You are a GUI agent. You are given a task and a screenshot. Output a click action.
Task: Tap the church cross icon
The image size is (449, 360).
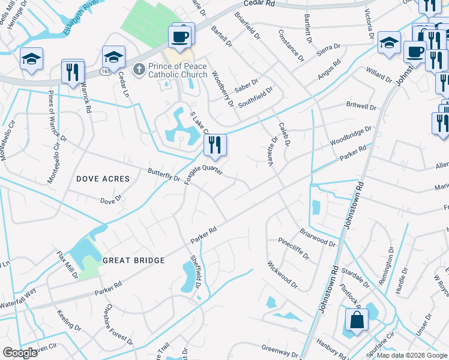pos(139,70)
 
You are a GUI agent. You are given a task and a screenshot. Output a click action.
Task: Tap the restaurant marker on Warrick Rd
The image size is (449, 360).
pos(73,71)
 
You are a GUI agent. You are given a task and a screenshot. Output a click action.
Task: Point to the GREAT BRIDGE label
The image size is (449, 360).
pos(133,260)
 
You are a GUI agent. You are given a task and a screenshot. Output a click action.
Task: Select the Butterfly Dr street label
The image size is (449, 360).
pos(164,175)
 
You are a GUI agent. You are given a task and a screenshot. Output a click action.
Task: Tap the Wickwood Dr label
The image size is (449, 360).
pos(282,273)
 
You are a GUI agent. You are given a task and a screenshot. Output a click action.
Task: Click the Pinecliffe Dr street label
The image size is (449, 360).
pos(294,248)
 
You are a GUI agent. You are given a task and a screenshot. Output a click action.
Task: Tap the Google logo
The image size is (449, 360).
pos(20,353)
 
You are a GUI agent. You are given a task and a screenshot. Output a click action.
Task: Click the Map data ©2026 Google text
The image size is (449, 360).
pos(412,355)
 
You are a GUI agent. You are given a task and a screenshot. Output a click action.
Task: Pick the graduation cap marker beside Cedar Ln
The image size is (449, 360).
pos(113,57)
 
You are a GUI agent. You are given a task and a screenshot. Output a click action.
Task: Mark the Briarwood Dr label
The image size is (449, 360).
pos(318,237)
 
